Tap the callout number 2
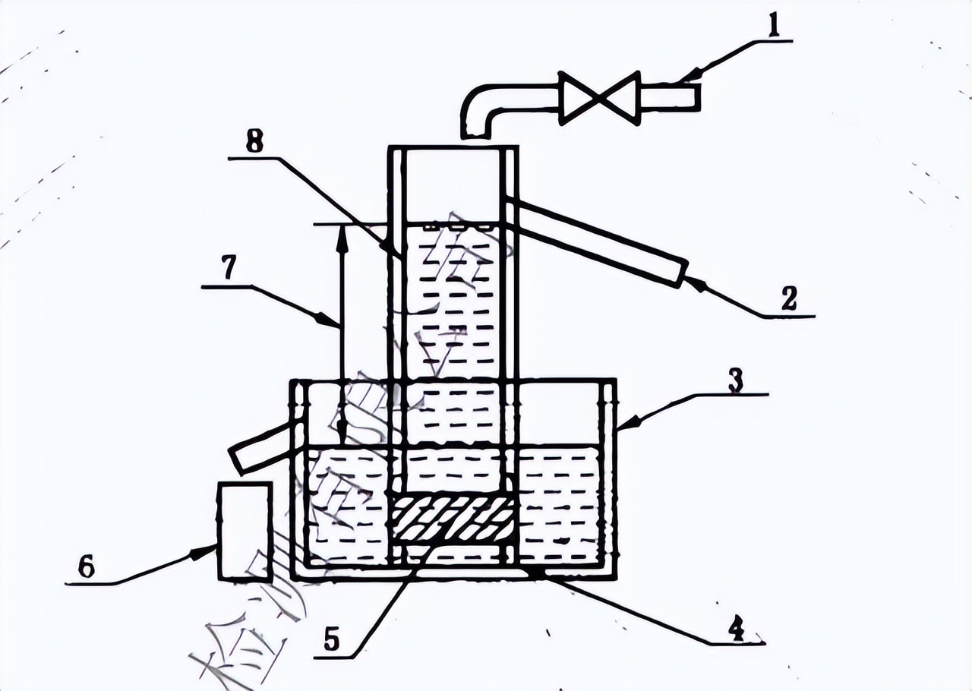pos(789,298)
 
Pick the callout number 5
pos(331,641)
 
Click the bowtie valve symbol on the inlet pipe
pos(599,99)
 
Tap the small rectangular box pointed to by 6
pos(245,531)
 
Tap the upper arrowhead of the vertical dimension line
pos(342,231)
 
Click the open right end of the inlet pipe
pos(694,97)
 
